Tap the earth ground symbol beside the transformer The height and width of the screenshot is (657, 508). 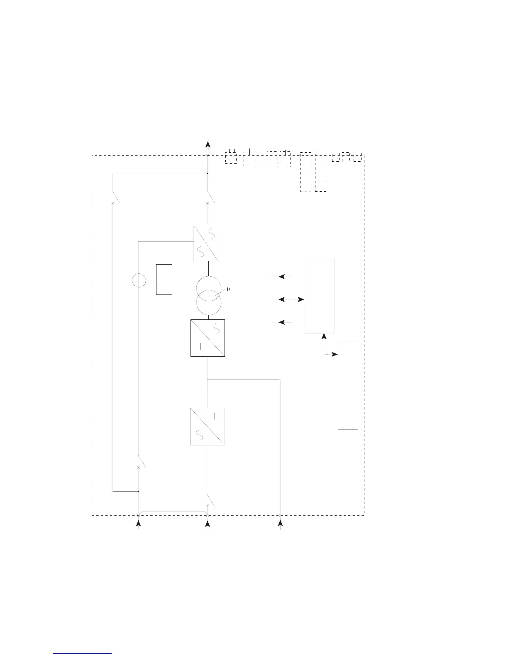click(227, 289)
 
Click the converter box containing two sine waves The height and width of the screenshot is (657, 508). click(206, 243)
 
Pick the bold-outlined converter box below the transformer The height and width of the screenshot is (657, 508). click(208, 338)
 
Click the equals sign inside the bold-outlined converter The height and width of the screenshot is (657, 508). click(198, 347)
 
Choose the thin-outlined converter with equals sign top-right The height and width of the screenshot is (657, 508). click(207, 427)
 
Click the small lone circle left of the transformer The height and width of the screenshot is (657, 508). click(139, 281)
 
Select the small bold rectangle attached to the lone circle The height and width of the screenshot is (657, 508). click(164, 279)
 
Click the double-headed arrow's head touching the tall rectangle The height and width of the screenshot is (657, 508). click(301, 299)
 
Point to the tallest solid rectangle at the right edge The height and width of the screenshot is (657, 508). click(348, 385)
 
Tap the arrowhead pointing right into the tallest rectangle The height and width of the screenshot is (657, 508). click(335, 355)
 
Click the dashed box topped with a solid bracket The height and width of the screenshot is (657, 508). click(231, 158)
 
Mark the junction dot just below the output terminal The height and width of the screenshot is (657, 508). click(208, 173)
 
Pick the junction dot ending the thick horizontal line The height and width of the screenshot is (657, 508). click(138, 492)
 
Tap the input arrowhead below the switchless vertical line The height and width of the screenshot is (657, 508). click(281, 524)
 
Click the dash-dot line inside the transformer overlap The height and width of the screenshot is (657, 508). click(209, 295)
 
